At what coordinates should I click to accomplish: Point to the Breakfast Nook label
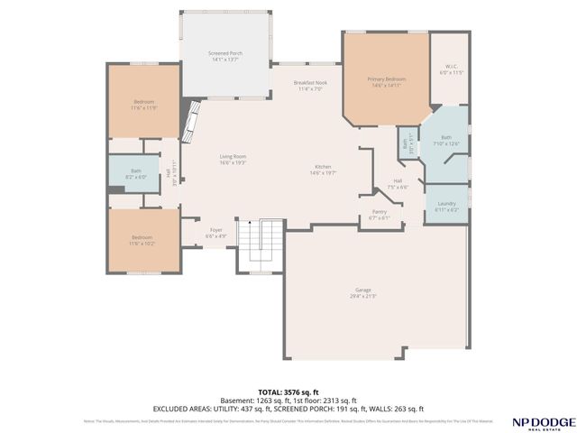(x=310, y=83)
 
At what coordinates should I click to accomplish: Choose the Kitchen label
(x=321, y=167)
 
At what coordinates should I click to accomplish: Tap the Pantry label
(x=379, y=212)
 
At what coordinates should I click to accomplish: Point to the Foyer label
(x=216, y=230)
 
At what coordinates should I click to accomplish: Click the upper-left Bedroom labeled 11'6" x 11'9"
(x=144, y=101)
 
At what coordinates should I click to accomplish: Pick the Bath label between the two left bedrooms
(x=135, y=170)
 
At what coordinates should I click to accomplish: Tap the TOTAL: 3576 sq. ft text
(x=288, y=392)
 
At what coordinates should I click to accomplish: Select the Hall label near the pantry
(x=398, y=181)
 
